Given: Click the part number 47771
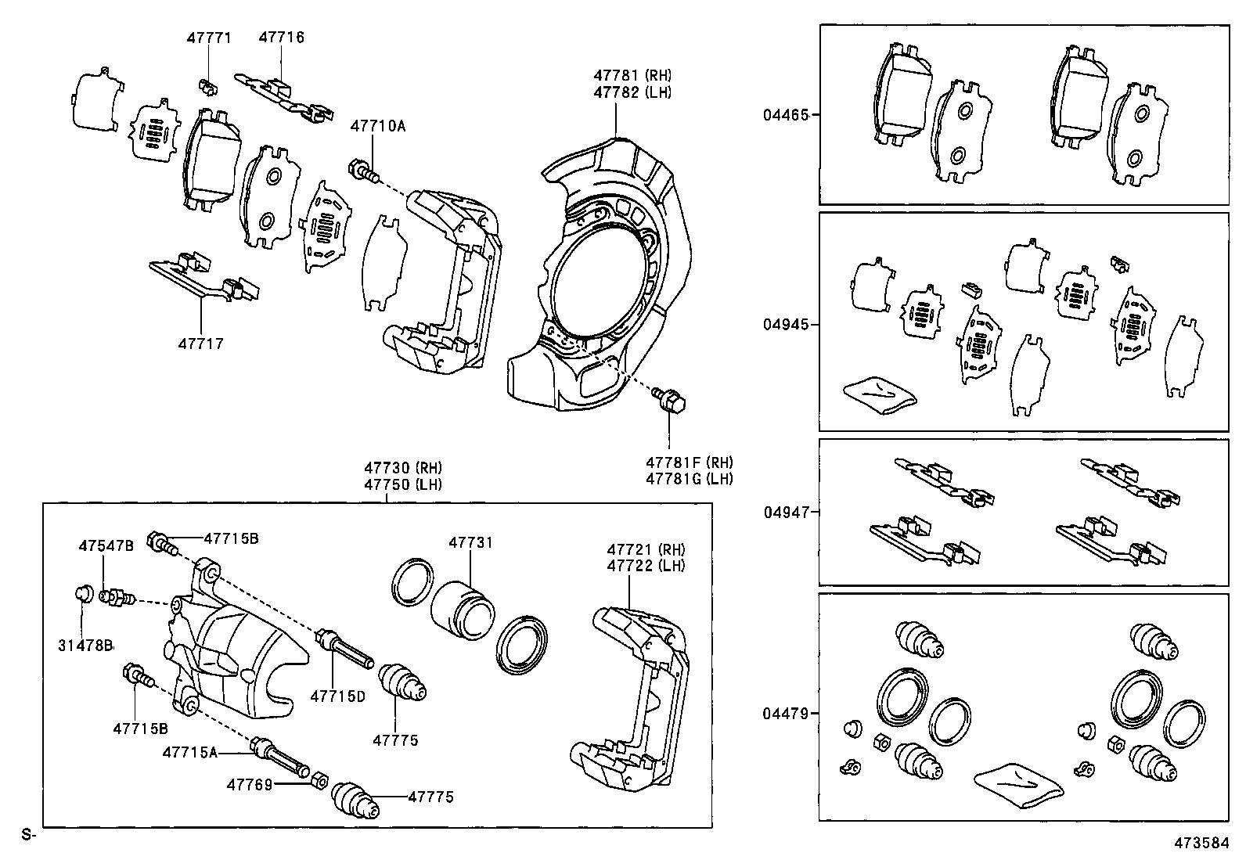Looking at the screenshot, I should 209,38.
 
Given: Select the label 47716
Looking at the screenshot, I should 281,38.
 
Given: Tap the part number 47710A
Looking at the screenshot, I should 377,125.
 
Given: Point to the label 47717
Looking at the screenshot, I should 200,344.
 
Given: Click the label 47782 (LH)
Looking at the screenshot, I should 632,92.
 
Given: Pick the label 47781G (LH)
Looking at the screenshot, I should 689,479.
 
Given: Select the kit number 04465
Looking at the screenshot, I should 786,115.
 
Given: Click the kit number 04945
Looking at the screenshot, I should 786,325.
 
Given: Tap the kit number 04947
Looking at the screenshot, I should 786,513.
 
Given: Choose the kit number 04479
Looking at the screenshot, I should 786,714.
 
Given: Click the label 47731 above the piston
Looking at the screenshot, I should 470,542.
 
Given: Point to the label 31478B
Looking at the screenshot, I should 85,645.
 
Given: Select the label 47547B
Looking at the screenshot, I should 106,545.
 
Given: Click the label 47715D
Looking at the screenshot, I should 337,696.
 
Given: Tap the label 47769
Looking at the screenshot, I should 250,783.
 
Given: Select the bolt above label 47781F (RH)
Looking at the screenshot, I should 670,401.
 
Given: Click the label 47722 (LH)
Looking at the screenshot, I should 646,566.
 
